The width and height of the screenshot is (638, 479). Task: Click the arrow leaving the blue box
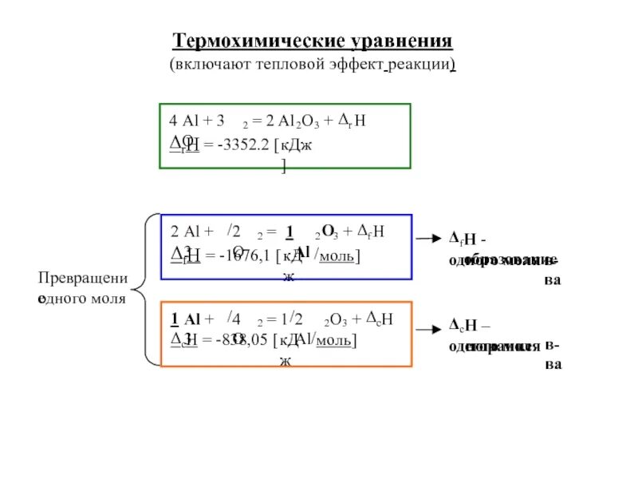(x=427, y=239)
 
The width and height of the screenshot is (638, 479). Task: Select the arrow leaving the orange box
(x=427, y=328)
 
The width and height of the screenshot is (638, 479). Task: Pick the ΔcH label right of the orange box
(x=463, y=327)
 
